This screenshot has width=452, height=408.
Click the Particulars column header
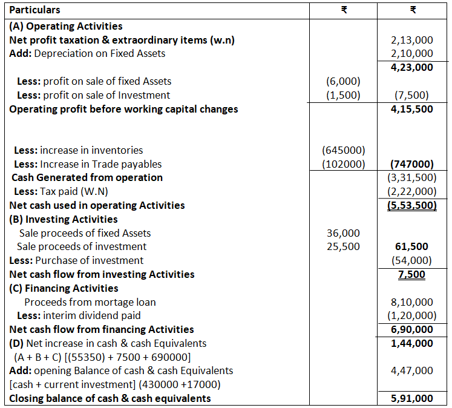pyautogui.click(x=34, y=10)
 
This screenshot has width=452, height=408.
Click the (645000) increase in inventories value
pyautogui.click(x=343, y=150)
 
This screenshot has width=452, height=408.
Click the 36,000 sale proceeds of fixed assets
pyautogui.click(x=343, y=233)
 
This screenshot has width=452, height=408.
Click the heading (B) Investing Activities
pyautogui.click(x=64, y=219)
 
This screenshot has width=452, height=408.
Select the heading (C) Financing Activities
pyautogui.click(x=64, y=288)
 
